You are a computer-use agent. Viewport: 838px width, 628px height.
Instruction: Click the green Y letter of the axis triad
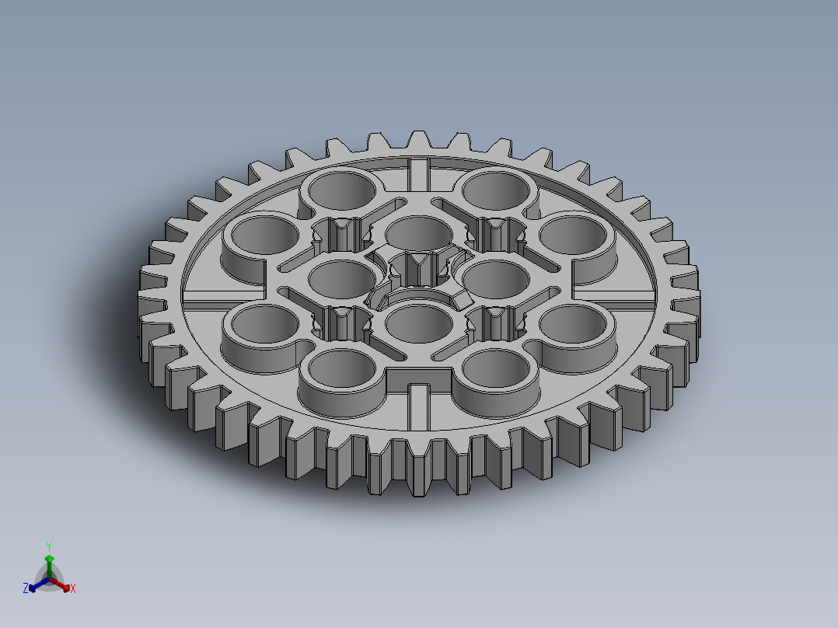point(49,546)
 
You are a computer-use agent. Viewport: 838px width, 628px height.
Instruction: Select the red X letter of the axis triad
point(73,589)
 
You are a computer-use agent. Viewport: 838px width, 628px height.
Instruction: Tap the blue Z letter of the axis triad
point(26,589)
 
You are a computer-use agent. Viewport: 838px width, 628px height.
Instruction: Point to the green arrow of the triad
point(49,561)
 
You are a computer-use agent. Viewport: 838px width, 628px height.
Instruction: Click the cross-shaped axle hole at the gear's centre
point(419,270)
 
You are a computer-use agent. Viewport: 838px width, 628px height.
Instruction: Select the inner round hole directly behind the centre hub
point(418,231)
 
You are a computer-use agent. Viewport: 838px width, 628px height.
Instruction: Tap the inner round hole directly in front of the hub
point(419,323)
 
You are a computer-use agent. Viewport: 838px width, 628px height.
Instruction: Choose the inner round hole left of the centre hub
point(342,276)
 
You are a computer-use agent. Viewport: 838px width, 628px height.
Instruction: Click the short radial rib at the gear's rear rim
point(419,173)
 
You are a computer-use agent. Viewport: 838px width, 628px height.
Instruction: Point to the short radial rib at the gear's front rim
point(419,405)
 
